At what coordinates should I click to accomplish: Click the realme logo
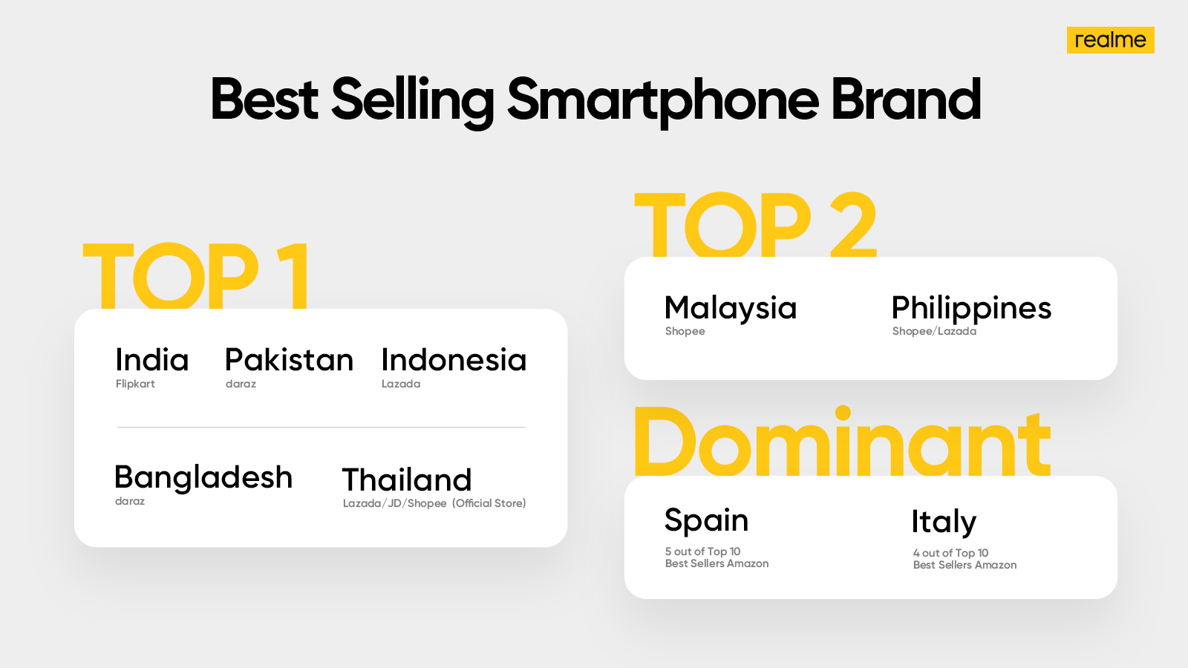[x=1111, y=40]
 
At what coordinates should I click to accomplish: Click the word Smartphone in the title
[x=663, y=101]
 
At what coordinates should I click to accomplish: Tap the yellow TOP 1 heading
[x=196, y=275]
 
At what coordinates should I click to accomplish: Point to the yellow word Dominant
[x=842, y=441]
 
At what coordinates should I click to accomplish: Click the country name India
[x=151, y=360]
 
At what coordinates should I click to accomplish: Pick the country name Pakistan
[x=289, y=360]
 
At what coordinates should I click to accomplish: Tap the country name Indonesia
[x=454, y=360]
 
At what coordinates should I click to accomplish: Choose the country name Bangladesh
[x=203, y=477]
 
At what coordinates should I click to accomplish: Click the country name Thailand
[x=407, y=479]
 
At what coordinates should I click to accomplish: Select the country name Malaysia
[x=731, y=309]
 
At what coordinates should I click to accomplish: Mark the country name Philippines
[x=971, y=309]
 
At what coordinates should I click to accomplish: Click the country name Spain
[x=706, y=520]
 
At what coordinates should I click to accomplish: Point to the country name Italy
[x=944, y=523]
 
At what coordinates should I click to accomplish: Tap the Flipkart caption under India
[x=135, y=384]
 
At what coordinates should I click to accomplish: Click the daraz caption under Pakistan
[x=241, y=384]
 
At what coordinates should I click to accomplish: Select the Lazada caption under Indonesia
[x=401, y=384]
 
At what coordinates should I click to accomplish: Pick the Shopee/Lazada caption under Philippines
[x=934, y=331]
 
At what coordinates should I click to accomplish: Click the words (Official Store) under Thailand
[x=489, y=503]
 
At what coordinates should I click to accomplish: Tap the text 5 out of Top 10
[x=702, y=551]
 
